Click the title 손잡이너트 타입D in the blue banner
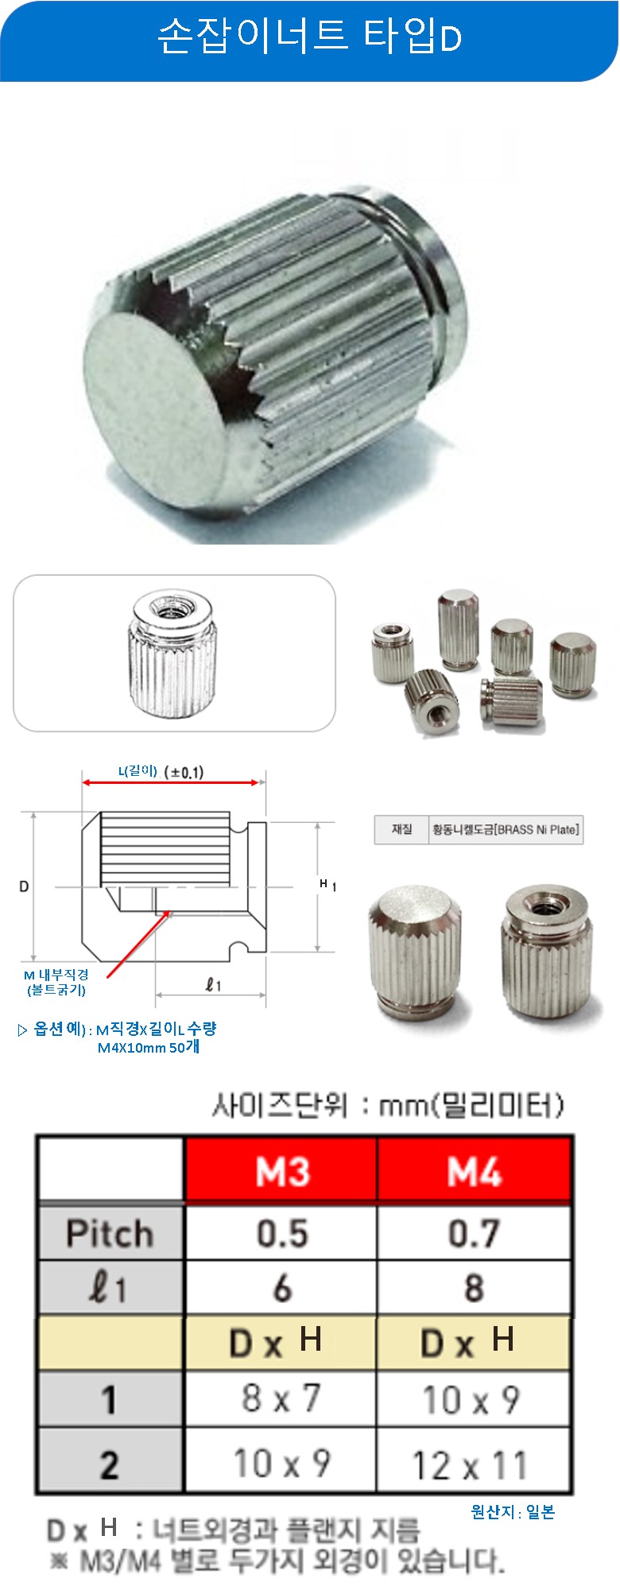point(309,37)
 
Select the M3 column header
point(281,1169)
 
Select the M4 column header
point(475,1169)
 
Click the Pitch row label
point(110,1233)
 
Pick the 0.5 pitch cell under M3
point(282,1233)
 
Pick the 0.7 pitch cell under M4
point(474,1233)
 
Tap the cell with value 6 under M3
point(282,1288)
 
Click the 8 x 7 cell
point(281,1398)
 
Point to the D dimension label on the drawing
point(24,886)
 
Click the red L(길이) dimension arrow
point(171,783)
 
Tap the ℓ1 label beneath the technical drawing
point(213,985)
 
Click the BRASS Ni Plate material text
point(506,829)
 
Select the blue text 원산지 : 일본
point(513,1512)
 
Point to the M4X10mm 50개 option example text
point(149,1048)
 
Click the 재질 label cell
point(401,829)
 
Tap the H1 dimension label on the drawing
point(327,884)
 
